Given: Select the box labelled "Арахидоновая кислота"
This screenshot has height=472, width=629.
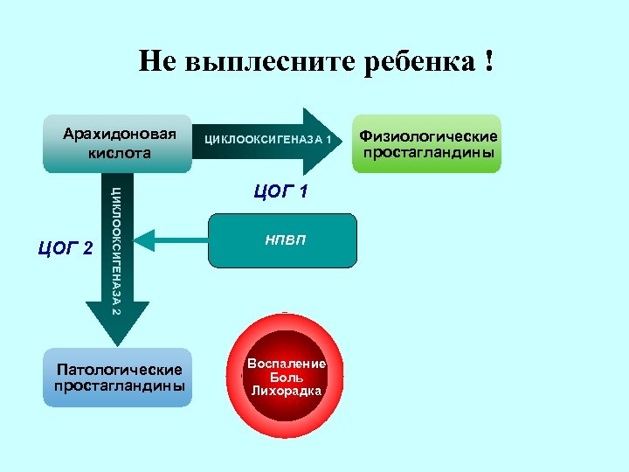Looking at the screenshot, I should (118, 143).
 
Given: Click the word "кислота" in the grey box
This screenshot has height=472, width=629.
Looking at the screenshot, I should (119, 153).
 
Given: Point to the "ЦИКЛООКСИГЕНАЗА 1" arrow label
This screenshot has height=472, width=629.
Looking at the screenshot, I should (267, 140).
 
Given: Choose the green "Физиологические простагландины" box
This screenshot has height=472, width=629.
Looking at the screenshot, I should (428, 143).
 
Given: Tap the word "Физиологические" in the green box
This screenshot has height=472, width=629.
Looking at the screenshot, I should (428, 136).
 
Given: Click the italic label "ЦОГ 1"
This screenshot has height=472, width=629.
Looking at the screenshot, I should (280, 191).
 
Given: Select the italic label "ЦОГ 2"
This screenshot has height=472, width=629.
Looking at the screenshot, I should (66, 249).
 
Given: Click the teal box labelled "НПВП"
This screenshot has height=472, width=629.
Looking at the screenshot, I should (282, 239).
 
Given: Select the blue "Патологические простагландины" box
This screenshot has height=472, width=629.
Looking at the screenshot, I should (118, 378).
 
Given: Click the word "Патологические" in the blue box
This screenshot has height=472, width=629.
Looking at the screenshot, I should (118, 370).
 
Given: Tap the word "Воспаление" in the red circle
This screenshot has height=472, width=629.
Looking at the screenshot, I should (287, 364).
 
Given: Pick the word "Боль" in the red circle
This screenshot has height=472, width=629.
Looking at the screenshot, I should (287, 377).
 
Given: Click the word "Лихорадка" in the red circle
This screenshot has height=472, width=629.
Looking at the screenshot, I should (287, 391).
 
